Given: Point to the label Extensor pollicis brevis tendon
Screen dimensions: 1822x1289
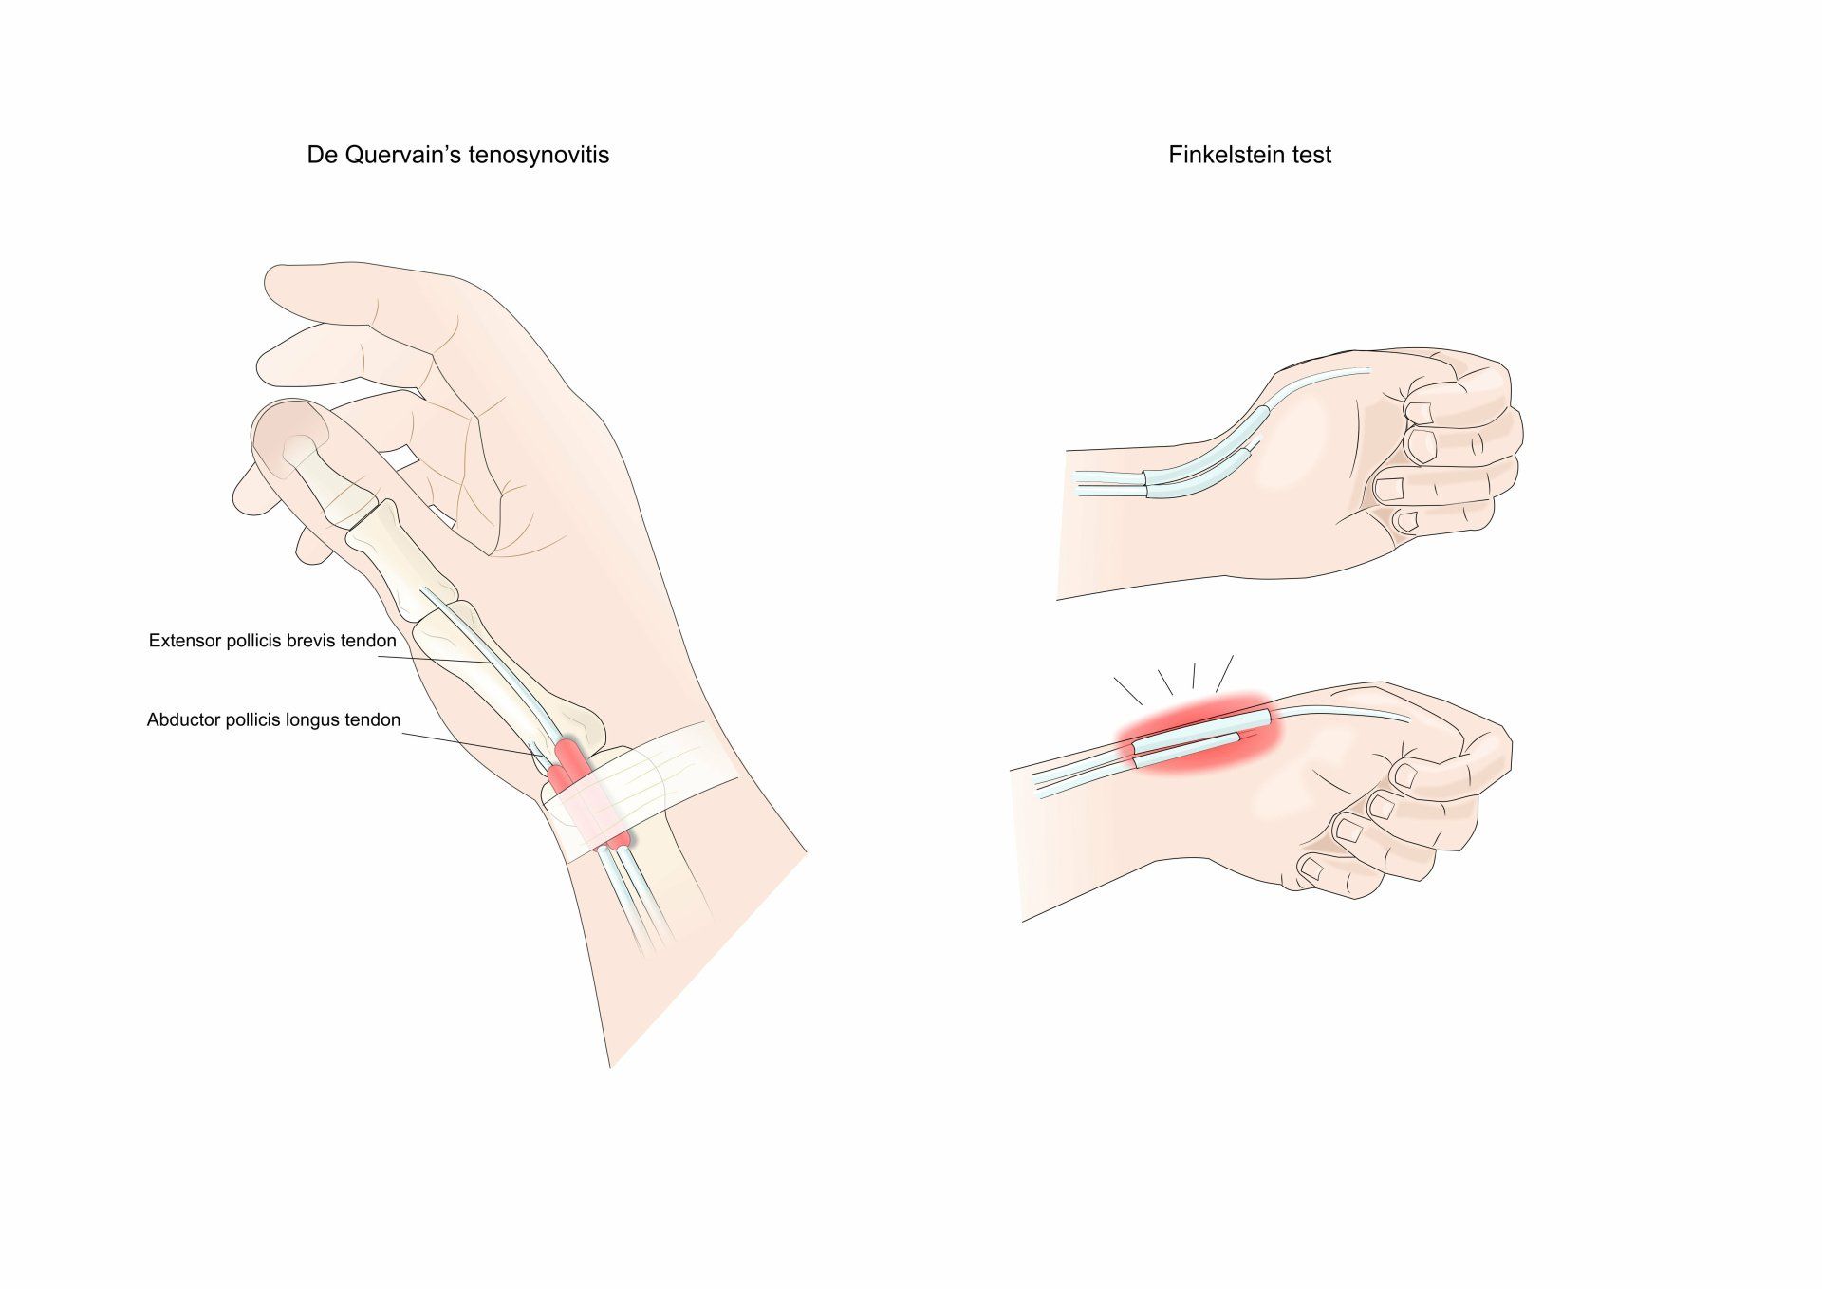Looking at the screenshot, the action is tap(272, 641).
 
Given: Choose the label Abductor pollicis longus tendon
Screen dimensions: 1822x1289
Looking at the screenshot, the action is tap(273, 720).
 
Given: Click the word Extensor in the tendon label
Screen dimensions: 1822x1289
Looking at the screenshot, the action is tap(184, 641).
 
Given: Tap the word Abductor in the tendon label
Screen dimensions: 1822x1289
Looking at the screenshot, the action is tap(183, 720).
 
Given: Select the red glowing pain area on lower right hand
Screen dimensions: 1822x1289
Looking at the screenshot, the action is tap(1199, 732).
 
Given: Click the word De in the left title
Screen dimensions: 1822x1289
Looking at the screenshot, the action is tap(323, 155).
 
